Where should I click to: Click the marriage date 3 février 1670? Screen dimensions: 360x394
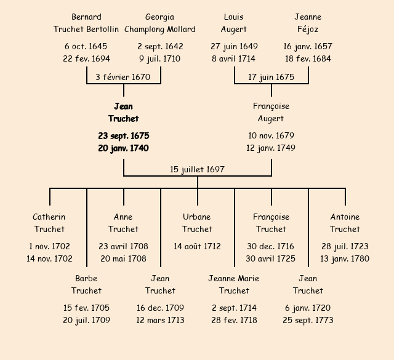click(123, 77)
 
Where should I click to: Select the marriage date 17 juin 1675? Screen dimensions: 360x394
click(271, 77)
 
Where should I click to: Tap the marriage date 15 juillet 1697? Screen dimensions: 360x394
click(197, 169)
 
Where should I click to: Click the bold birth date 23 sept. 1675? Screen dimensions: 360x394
click(123, 135)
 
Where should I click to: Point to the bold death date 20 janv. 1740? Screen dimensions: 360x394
click(123, 148)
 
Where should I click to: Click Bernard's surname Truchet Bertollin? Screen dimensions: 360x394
click(86, 29)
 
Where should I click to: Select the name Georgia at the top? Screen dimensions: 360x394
click(160, 17)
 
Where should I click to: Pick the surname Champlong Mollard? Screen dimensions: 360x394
click(160, 29)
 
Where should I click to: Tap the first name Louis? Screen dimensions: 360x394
click(234, 17)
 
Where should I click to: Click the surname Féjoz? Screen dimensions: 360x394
click(308, 29)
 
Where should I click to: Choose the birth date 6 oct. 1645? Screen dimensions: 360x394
click(86, 46)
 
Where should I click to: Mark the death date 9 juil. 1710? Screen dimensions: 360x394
click(160, 58)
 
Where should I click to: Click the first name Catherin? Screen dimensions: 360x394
click(49, 217)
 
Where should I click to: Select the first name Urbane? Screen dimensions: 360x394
click(197, 217)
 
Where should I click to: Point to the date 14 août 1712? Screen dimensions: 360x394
click(197, 246)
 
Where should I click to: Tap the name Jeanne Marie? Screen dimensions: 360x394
click(234, 278)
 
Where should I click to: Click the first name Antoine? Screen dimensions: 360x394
click(345, 217)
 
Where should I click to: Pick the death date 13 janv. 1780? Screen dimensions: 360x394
click(345, 258)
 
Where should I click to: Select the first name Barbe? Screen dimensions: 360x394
click(86, 278)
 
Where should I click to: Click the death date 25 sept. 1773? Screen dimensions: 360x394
click(308, 320)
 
